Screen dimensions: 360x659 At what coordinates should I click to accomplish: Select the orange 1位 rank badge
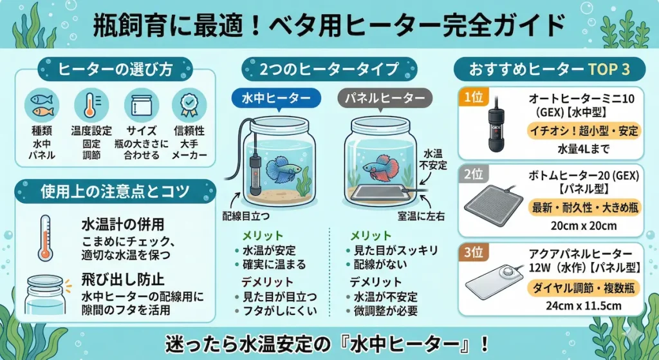pos(472,97)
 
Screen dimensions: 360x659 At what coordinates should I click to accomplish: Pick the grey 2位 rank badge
pos(472,175)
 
